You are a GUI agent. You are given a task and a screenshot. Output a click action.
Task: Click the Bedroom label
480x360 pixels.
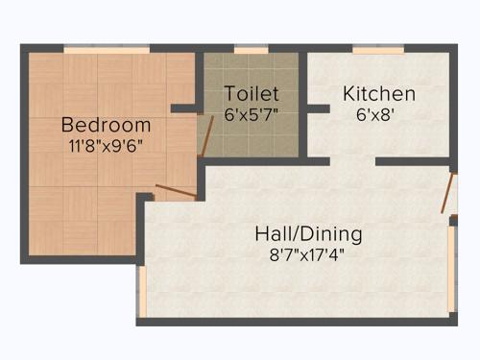(106, 125)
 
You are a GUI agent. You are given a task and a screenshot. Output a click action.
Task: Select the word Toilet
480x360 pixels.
(252, 94)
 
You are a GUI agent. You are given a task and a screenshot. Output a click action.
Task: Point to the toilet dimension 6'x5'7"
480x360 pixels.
(252, 113)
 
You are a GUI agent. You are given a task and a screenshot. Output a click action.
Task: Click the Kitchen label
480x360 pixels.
(379, 94)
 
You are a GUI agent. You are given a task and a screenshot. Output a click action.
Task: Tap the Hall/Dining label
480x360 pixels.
(308, 233)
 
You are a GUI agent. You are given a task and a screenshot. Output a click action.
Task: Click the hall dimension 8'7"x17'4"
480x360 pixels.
(308, 254)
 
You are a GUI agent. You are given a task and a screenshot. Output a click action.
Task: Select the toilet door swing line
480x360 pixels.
(206, 136)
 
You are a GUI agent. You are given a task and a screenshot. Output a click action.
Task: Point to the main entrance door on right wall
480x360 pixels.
(447, 193)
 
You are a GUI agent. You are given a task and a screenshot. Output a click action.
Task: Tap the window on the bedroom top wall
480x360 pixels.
(106, 49)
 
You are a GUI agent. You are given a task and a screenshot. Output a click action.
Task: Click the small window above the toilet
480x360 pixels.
(252, 49)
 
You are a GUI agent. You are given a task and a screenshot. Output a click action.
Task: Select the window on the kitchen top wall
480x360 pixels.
(377, 49)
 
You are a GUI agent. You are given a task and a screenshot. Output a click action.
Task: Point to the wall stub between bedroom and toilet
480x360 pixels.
(186, 108)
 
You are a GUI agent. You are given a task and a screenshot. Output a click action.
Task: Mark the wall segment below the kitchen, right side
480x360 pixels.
(413, 161)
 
